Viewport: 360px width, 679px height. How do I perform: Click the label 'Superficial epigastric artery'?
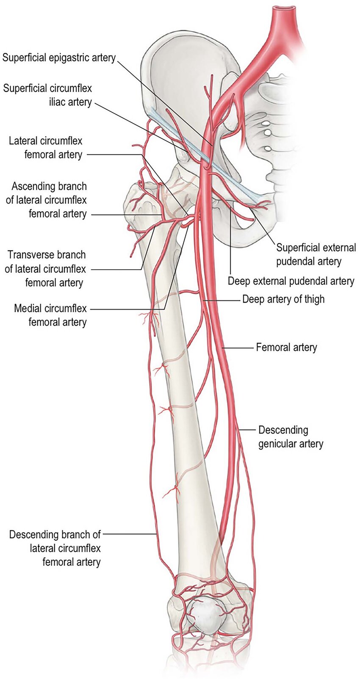59,58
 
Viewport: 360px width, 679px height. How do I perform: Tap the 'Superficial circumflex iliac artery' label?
47,95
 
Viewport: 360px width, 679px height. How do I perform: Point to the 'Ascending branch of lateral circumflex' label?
46,200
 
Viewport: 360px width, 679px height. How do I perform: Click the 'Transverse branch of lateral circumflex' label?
45,268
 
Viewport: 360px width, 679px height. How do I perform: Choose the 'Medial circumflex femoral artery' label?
50,315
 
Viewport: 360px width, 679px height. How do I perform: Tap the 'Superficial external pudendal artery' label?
316,254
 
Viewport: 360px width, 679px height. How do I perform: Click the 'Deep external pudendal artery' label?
291,281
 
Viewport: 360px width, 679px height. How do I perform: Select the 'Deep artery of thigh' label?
283,299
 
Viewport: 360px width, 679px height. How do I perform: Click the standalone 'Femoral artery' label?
286,348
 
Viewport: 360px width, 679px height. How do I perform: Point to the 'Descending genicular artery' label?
291,437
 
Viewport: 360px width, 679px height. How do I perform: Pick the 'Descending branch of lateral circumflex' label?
55,548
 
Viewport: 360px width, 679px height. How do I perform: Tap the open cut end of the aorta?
284,8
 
